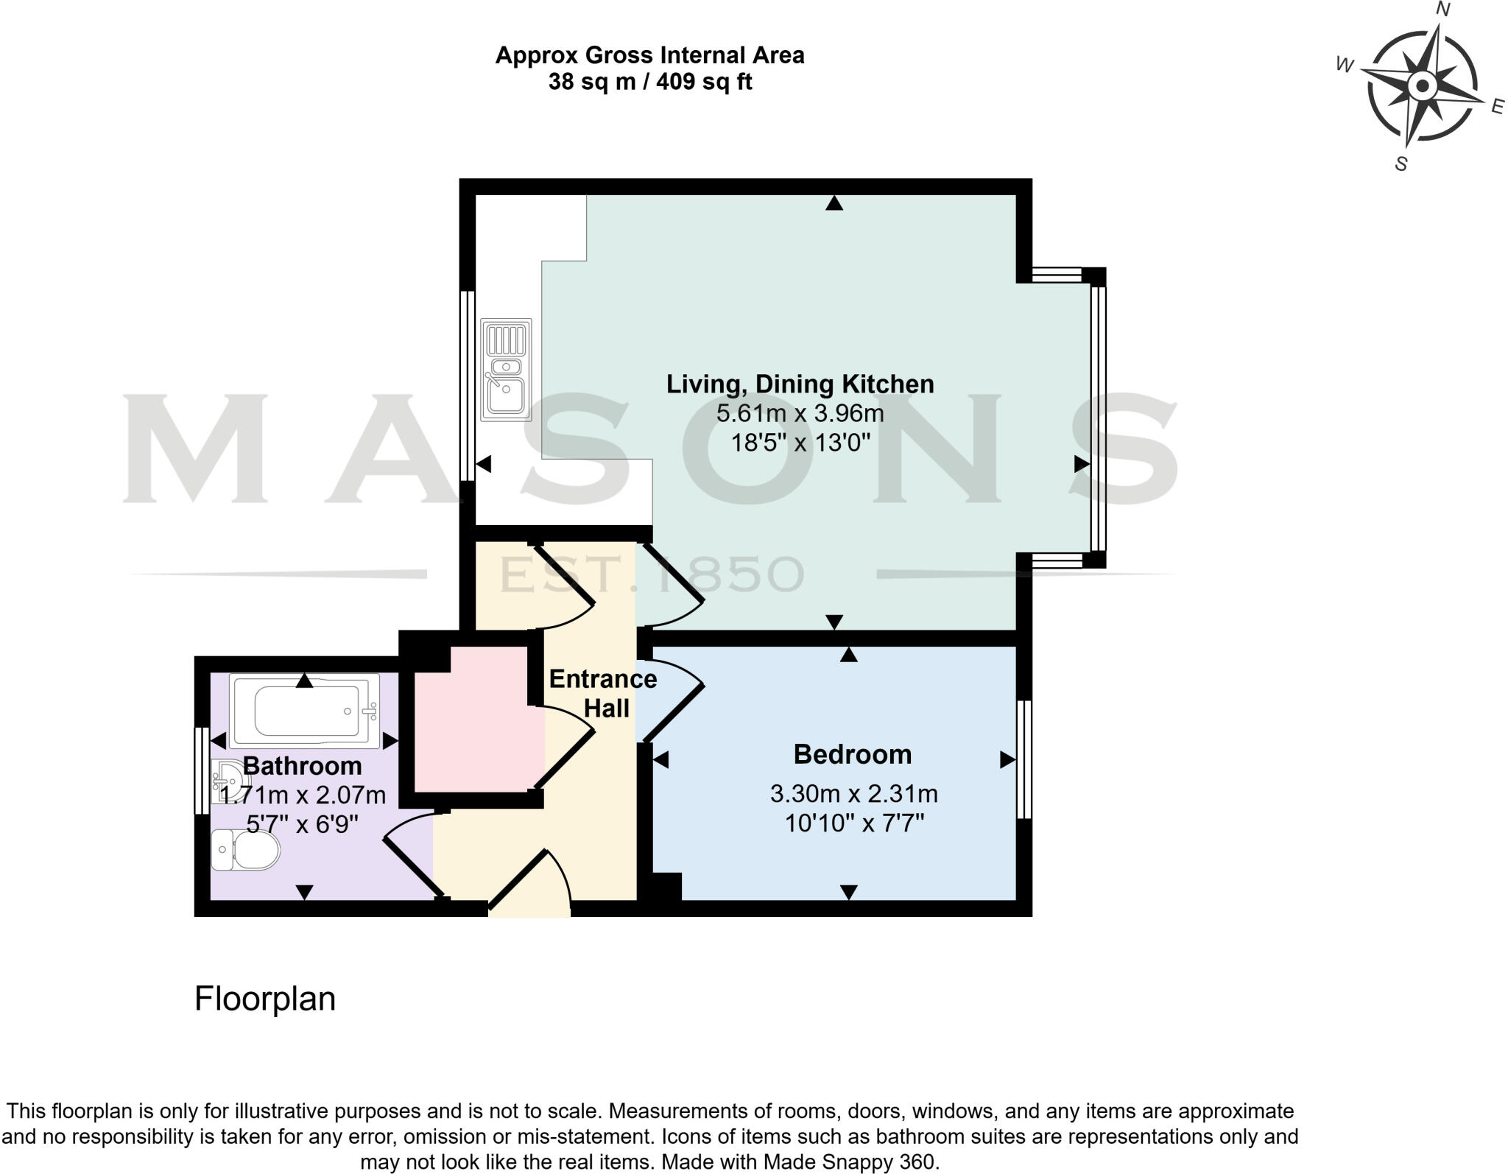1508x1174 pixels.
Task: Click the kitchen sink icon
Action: coord(506,370)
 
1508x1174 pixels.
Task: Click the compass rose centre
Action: coord(1422,86)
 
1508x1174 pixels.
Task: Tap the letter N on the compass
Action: coord(1444,10)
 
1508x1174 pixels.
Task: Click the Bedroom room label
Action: coord(852,754)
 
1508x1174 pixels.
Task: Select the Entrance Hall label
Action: coord(602,693)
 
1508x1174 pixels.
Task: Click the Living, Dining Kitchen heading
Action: coord(800,384)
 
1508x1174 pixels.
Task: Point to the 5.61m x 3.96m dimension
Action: coord(800,413)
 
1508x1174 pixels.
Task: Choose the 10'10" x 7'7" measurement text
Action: coord(853,823)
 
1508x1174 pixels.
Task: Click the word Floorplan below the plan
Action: coord(264,999)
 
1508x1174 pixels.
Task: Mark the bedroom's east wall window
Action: coord(1024,759)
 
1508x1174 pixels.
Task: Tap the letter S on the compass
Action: coord(1400,164)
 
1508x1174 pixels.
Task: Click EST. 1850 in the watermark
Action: coord(651,575)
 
